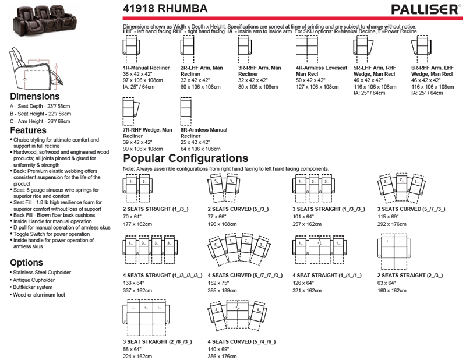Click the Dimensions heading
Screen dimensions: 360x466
(x=34, y=96)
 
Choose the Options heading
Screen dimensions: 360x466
(x=26, y=263)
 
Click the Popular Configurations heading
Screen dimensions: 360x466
(x=185, y=158)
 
